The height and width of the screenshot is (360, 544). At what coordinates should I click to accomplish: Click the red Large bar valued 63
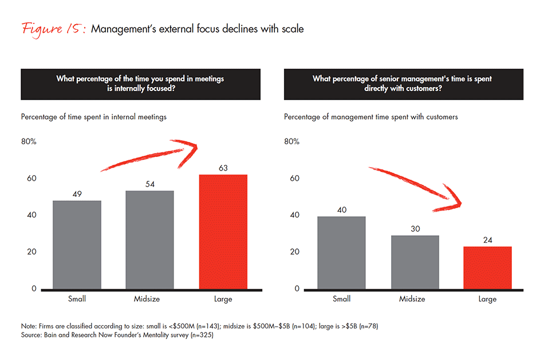[x=223, y=232]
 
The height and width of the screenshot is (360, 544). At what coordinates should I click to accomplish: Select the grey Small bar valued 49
[x=77, y=245]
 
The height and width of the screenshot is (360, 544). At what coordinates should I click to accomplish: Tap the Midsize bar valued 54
[x=149, y=240]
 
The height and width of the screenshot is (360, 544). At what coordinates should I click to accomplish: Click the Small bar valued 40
[x=341, y=252]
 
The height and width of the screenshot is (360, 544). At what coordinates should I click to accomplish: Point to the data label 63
[x=223, y=168]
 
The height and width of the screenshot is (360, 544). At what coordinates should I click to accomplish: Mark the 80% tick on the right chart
[x=291, y=141]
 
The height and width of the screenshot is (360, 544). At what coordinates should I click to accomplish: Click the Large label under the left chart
[x=223, y=299]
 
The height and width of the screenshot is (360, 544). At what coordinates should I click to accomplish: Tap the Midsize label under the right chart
[x=413, y=299]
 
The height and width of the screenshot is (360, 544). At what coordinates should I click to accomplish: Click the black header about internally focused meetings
[x=140, y=84]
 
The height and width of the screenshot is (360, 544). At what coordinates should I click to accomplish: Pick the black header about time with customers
[x=403, y=84]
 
